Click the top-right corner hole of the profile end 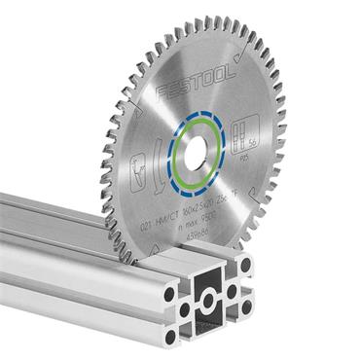(244, 266)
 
